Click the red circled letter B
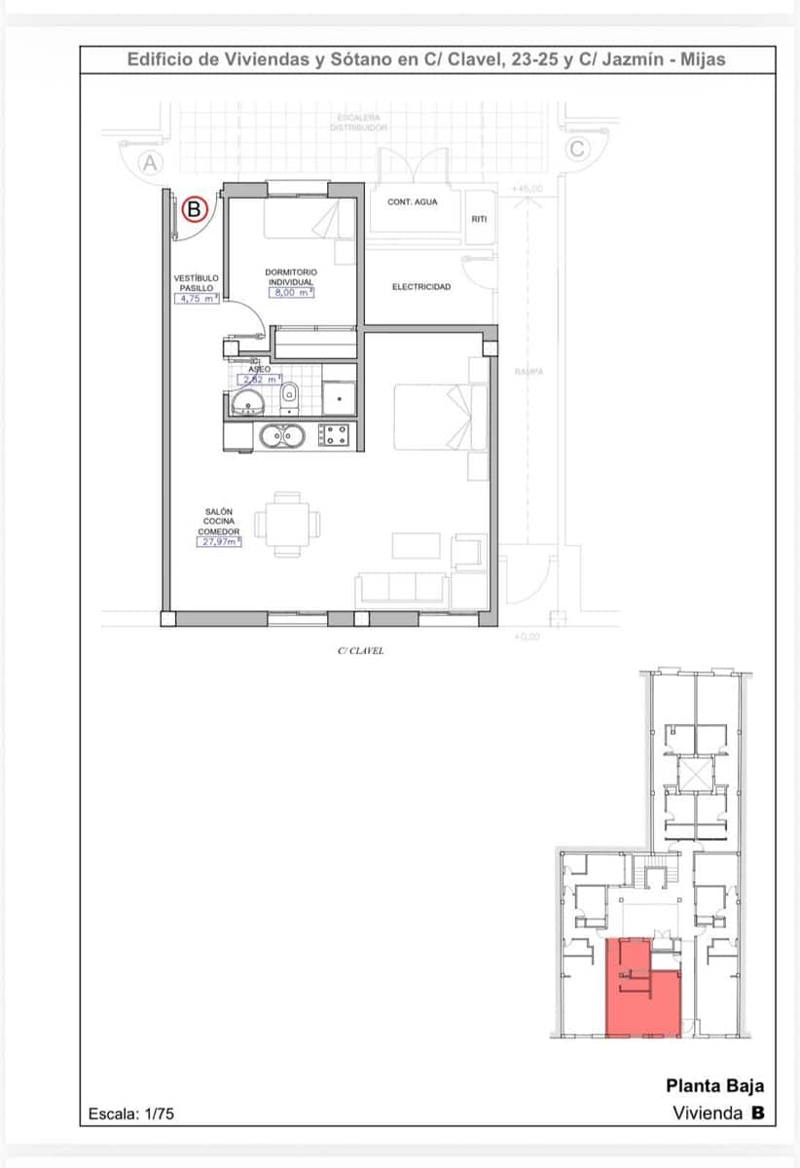195,207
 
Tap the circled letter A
150,164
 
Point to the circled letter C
577,149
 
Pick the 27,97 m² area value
218,542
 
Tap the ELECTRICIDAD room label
420,287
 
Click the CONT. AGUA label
413,201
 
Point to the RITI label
479,219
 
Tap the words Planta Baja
714,1085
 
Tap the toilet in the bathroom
289,394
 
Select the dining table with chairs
287,524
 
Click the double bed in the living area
439,417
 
